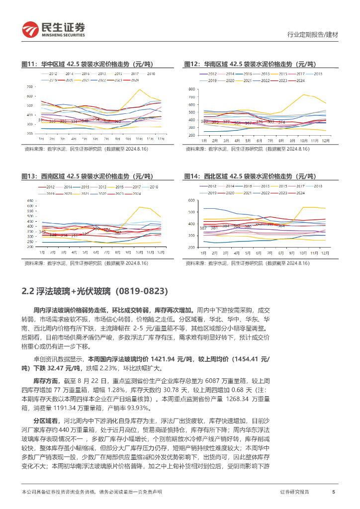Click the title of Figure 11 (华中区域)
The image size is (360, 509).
(87, 64)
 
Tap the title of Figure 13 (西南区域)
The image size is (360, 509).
(87, 176)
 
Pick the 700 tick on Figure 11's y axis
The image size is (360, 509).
(30, 86)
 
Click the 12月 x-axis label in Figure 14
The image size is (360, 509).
(325, 253)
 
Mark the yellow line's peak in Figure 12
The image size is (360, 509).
(303, 94)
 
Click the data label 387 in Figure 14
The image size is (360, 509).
(203, 228)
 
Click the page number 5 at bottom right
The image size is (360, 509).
(333, 492)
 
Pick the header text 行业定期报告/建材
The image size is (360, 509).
(313, 35)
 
